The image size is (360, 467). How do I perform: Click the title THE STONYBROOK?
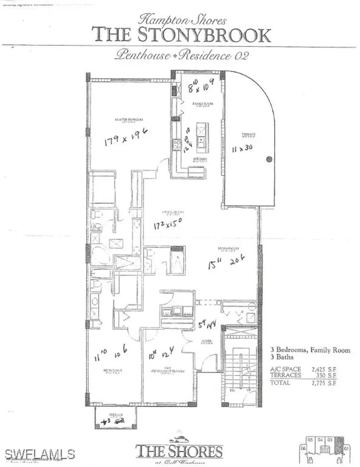[x=181, y=35]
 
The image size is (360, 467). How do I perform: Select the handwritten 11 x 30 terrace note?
[x=243, y=149]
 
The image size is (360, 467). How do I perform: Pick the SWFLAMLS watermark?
[x=40, y=453]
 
